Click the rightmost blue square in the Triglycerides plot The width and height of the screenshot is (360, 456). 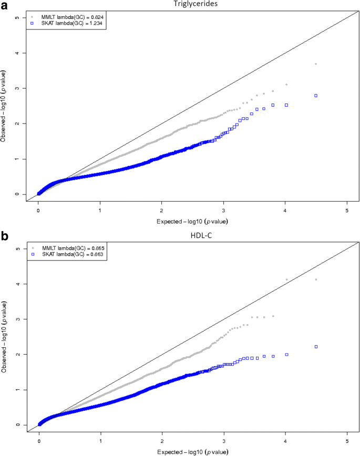coord(316,96)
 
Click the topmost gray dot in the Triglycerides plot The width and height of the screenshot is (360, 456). coord(316,64)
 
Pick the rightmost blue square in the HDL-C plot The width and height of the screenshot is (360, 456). coord(316,347)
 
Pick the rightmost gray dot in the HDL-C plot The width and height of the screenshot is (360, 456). coord(316,279)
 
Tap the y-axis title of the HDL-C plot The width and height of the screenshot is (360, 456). coord(5,337)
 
